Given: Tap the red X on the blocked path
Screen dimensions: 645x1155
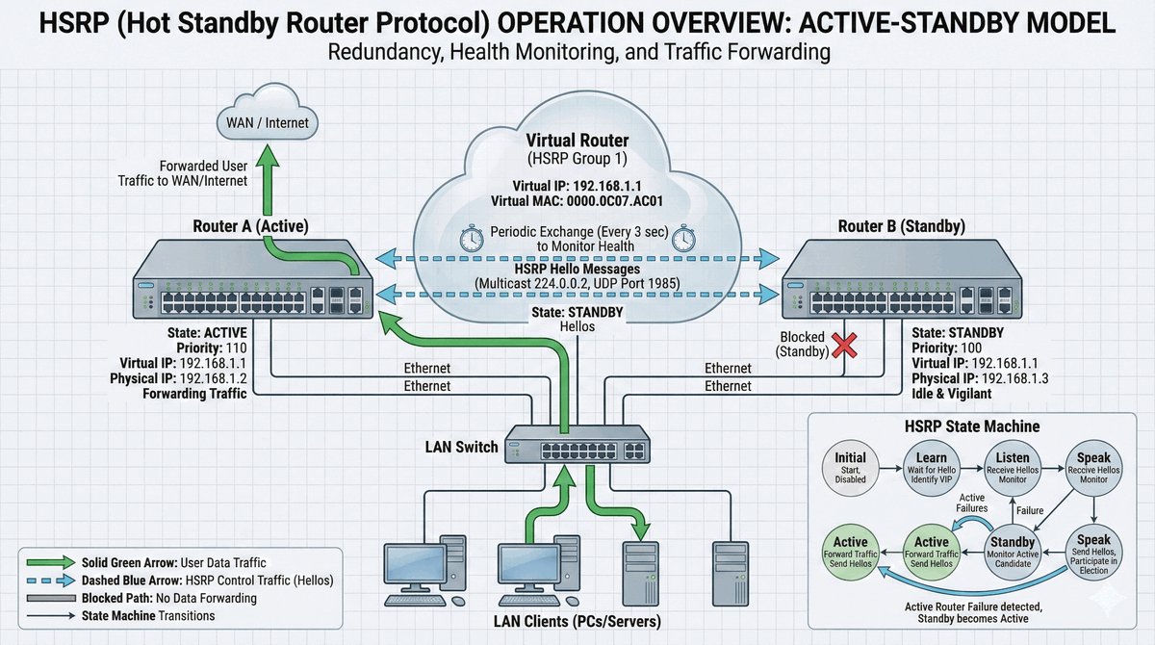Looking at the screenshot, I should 844,344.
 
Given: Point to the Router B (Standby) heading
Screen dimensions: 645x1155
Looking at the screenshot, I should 903,227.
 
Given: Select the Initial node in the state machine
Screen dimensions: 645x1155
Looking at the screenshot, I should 851,467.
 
